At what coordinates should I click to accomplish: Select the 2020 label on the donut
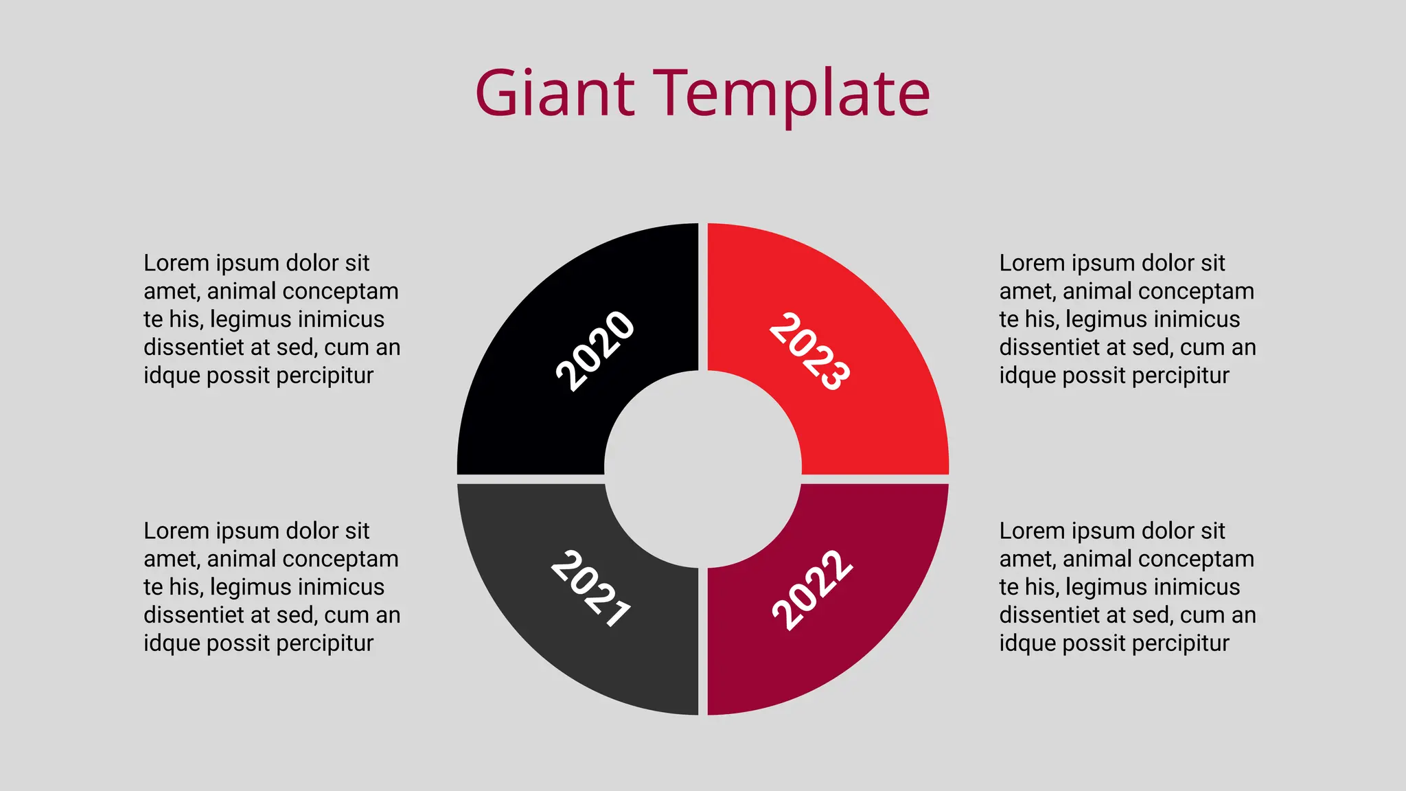pyautogui.click(x=595, y=351)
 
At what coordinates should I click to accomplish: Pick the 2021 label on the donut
pyautogui.click(x=591, y=588)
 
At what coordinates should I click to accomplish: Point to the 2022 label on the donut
pyautogui.click(x=812, y=590)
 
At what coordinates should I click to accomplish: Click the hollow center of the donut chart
pyautogui.click(x=703, y=470)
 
